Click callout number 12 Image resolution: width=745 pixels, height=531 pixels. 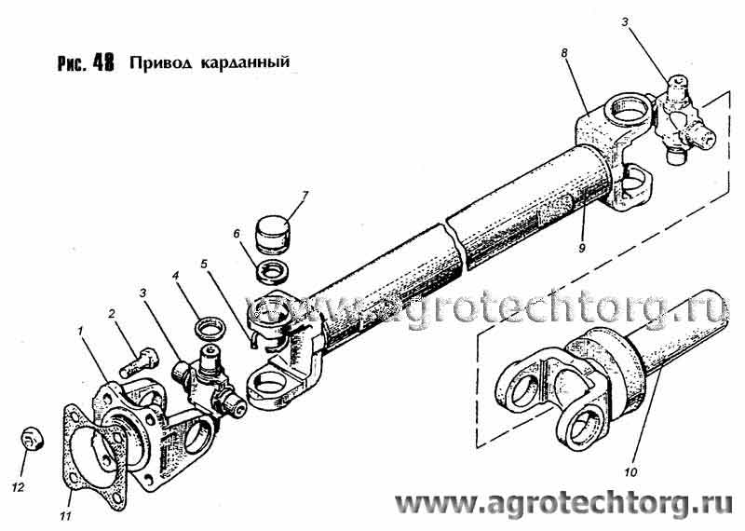pyautogui.click(x=18, y=488)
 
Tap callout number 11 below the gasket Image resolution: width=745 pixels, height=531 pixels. pyautogui.click(x=65, y=516)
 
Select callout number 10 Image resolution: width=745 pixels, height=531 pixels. pyautogui.click(x=630, y=472)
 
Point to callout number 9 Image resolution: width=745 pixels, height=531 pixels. pyautogui.click(x=582, y=248)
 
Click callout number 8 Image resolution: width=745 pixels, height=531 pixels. pyautogui.click(x=564, y=53)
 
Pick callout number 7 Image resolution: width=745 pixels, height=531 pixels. pyautogui.click(x=305, y=196)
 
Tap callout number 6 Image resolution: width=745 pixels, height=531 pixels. pyautogui.click(x=237, y=234)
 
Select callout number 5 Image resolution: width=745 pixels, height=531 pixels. pyautogui.click(x=204, y=264)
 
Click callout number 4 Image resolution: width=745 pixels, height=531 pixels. pyautogui.click(x=175, y=275)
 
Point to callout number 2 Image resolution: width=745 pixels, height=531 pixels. pyautogui.click(x=112, y=314)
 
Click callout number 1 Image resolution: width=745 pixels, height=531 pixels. pyautogui.click(x=81, y=330)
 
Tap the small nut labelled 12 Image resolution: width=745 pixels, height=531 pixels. pyautogui.click(x=33, y=438)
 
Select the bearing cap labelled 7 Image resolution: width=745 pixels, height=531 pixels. pyautogui.click(x=273, y=235)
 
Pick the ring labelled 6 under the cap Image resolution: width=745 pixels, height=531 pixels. pyautogui.click(x=269, y=272)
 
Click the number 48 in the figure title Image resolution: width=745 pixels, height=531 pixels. pyautogui.click(x=103, y=62)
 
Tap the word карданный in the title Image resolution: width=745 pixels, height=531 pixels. pyautogui.click(x=245, y=62)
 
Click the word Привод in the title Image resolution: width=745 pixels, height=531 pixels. pyautogui.click(x=160, y=63)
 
